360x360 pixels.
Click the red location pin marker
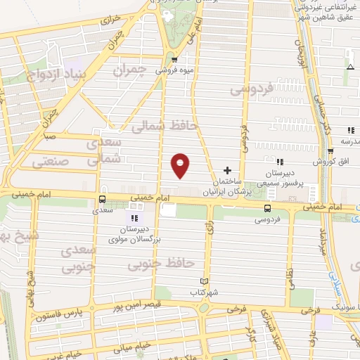tap(181, 165)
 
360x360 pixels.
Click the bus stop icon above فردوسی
tap(266, 208)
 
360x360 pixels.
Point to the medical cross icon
tap(226, 171)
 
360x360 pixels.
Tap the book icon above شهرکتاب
tap(205, 281)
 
